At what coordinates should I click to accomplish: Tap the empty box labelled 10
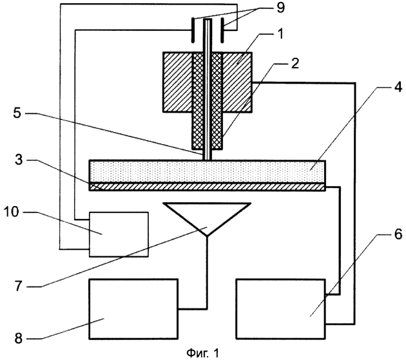click(x=118, y=233)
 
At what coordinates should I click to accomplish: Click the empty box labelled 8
click(x=133, y=309)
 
